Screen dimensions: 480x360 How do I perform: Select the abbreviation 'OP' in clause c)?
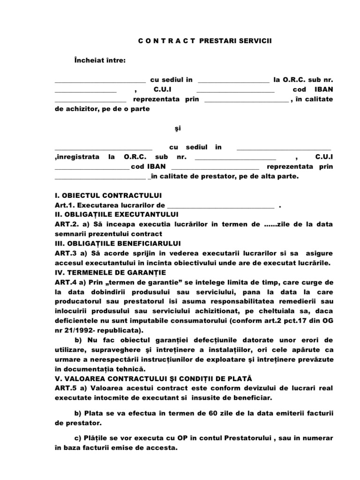181,438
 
